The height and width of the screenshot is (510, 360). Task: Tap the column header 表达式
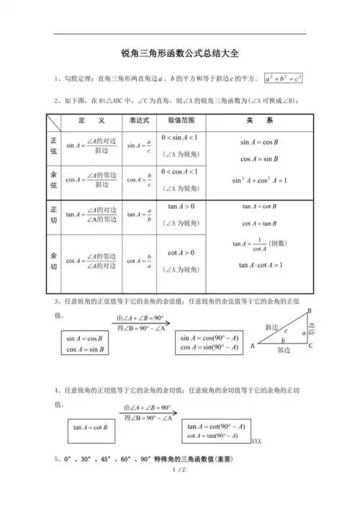click(138, 120)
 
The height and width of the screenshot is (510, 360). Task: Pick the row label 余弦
click(54, 181)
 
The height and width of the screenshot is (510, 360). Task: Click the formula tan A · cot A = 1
click(260, 266)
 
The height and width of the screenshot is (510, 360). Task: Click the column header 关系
click(259, 120)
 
